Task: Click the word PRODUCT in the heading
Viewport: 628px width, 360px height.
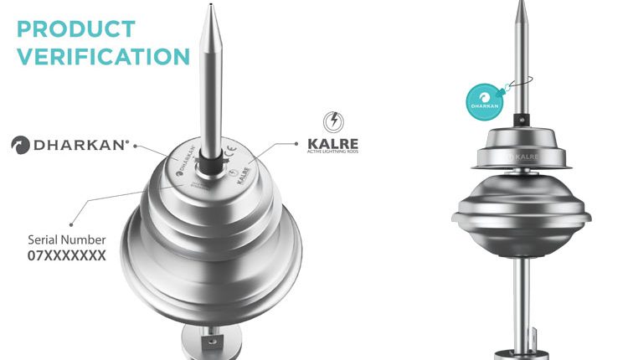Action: pyautogui.click(x=76, y=28)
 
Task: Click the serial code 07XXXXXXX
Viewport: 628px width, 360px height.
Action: pyautogui.click(x=68, y=256)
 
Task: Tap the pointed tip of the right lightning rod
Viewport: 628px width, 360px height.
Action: pyautogui.click(x=521, y=4)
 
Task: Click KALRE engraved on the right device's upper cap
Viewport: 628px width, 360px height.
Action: pyautogui.click(x=527, y=156)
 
